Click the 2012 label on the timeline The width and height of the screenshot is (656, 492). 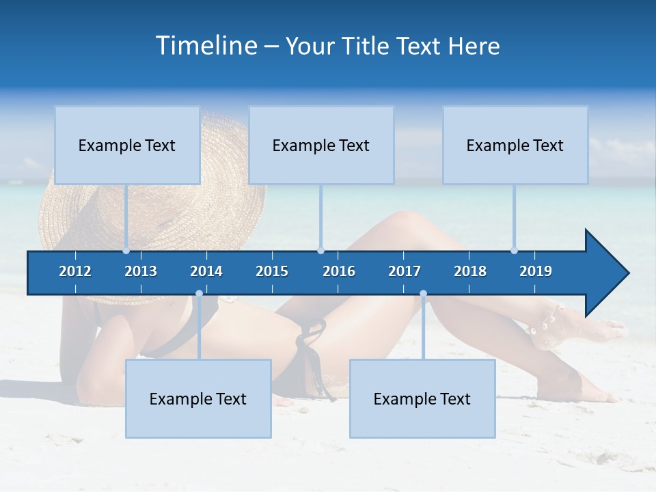point(75,271)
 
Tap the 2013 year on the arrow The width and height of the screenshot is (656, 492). point(141,271)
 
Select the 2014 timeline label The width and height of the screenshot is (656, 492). point(206,271)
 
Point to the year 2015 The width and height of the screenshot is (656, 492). point(272,271)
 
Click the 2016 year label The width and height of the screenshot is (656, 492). point(339,271)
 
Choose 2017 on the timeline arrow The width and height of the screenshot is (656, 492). point(405,271)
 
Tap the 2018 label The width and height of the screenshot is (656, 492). point(470,271)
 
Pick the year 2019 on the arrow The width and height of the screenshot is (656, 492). point(536,271)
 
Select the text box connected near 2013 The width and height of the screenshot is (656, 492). point(127,145)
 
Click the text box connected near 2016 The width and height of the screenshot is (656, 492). point(321,145)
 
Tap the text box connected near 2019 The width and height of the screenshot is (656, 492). point(515,145)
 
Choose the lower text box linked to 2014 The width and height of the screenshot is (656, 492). point(198,398)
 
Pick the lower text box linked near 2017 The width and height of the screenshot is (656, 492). point(422,398)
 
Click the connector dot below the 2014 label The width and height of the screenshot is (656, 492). point(199,294)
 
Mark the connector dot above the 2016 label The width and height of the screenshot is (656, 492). point(321,251)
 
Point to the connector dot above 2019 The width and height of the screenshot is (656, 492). point(515,251)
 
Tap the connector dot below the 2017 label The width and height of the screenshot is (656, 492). point(423,294)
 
